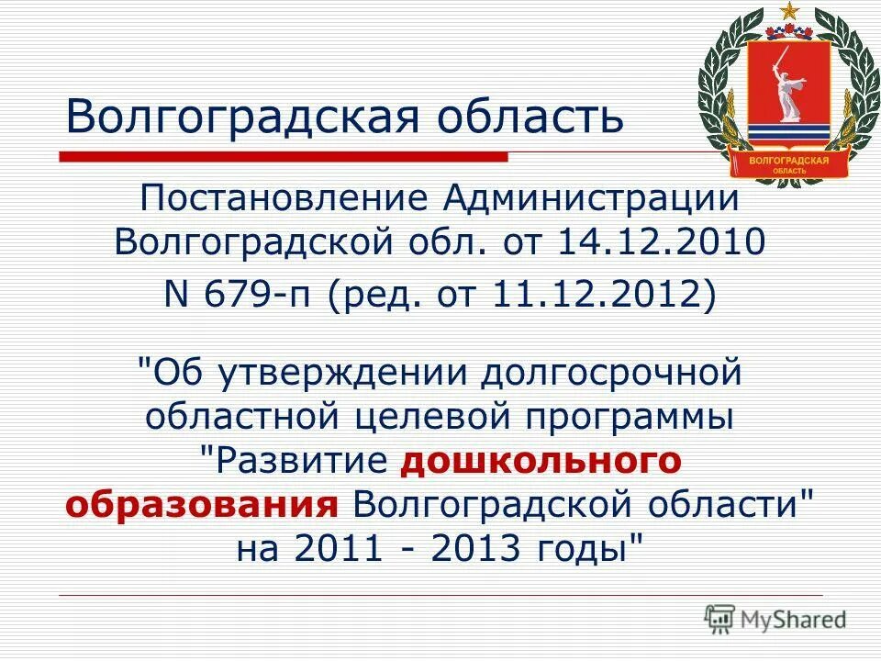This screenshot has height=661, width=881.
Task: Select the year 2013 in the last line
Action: tap(475, 550)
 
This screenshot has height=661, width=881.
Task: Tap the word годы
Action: tap(589, 550)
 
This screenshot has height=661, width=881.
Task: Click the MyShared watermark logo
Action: tap(775, 619)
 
